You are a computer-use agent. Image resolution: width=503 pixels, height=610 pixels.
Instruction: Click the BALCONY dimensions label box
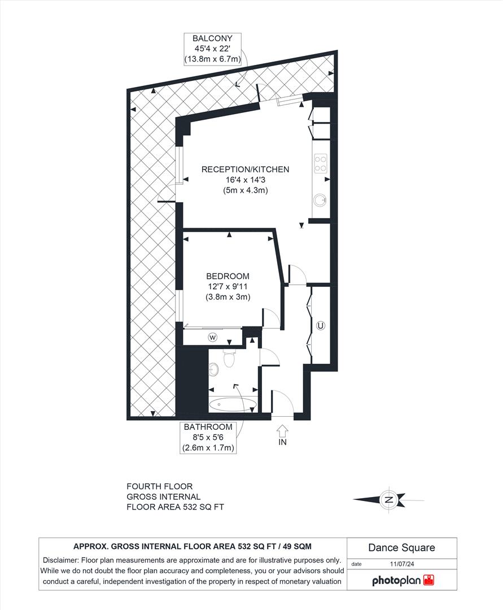[212, 49]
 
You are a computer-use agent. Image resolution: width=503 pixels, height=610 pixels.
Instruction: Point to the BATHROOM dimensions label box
[208, 438]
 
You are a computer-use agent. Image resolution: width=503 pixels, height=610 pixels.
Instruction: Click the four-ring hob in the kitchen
[321, 163]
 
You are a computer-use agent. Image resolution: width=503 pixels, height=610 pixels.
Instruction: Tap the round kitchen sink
[320, 200]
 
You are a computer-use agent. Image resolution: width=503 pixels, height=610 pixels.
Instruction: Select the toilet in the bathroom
[229, 357]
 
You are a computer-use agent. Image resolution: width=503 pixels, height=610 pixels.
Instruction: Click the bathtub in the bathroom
[232, 405]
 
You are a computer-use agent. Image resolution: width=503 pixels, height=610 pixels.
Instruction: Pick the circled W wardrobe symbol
[213, 337]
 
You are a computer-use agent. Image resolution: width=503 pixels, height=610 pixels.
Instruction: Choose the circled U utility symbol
[321, 325]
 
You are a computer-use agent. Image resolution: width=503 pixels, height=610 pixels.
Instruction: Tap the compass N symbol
[388, 499]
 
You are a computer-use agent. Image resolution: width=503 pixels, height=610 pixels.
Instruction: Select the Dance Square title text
[401, 547]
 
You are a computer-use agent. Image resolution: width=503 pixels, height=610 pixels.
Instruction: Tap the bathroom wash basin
[213, 369]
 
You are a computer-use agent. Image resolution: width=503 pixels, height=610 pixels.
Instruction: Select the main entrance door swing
[283, 402]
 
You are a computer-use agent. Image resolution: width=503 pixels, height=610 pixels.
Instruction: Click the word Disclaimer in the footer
[60, 560]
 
